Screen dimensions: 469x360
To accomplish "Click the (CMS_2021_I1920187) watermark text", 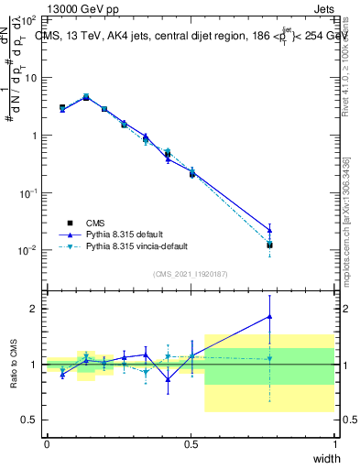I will coord(191,273).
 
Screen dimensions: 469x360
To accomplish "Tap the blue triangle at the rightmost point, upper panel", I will coord(269,230).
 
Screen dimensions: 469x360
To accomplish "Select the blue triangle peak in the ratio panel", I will coord(269,316).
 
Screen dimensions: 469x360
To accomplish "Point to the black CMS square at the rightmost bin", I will coord(269,245).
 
